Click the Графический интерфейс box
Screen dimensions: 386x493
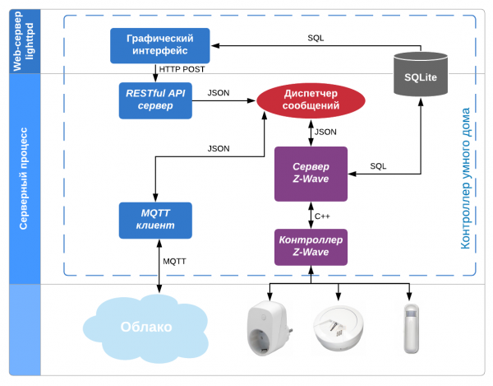pyautogui.click(x=160, y=45)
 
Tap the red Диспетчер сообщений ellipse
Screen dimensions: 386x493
pyautogui.click(x=311, y=100)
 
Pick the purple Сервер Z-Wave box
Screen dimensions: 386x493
pyautogui.click(x=311, y=174)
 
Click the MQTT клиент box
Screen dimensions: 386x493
pyautogui.click(x=155, y=220)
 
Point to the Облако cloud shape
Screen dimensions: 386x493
pyautogui.click(x=146, y=327)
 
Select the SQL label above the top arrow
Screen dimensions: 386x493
pyautogui.click(x=316, y=38)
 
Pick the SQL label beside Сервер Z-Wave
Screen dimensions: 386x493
pyautogui.click(x=377, y=165)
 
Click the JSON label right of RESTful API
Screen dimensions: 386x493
pyautogui.click(x=219, y=92)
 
